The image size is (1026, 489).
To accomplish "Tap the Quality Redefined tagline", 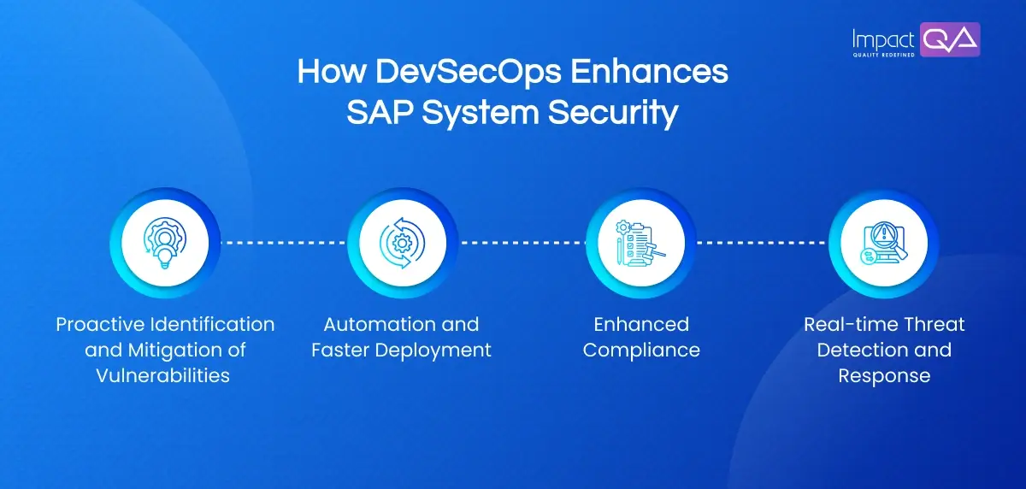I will coord(884,54).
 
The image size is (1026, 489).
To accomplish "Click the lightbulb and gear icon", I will coord(165,242).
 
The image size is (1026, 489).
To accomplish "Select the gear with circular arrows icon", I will coord(401,242).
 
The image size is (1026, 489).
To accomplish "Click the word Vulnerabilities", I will coord(165,375).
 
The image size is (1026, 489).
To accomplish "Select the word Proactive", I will coord(95,325).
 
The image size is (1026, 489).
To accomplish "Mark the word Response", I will coord(884,375).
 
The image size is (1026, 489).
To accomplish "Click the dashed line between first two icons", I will coord(283,242).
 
